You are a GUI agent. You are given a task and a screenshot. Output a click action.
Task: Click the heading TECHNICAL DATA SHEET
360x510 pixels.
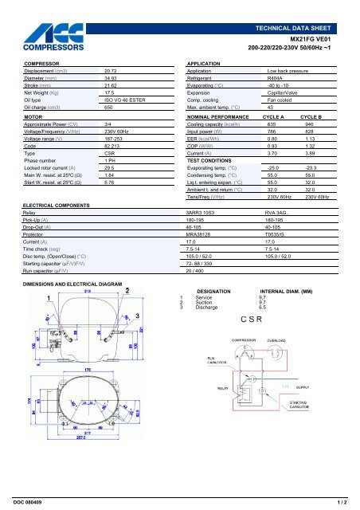307,6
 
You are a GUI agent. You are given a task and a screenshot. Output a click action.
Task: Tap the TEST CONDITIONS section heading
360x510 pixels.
212,160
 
